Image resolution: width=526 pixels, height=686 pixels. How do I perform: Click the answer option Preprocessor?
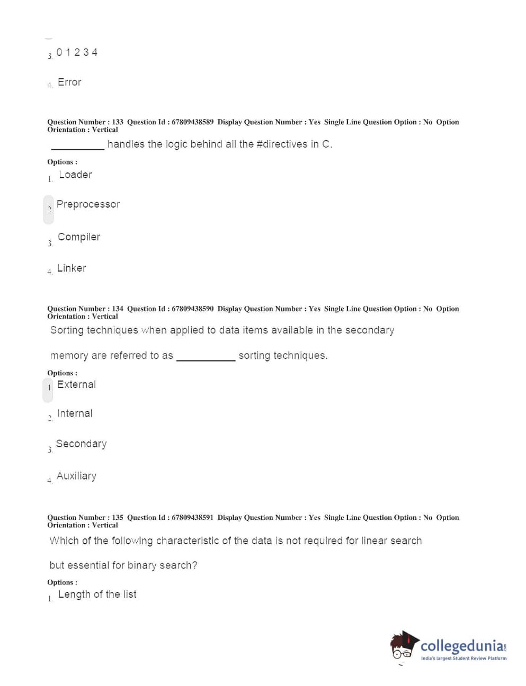[88, 204]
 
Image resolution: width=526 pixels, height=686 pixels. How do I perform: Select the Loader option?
[75, 175]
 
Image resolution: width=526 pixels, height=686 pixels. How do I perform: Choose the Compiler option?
[79, 237]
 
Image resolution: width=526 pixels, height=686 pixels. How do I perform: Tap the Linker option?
[72, 268]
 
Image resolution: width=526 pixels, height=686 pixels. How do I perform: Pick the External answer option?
[76, 385]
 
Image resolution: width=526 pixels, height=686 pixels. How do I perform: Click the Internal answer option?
[75, 413]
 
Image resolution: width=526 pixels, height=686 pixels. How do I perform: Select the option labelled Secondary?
[81, 444]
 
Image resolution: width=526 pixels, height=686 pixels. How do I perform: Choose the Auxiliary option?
[76, 476]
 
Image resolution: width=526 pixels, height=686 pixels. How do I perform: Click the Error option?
[69, 82]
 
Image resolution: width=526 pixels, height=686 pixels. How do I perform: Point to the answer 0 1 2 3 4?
[77, 52]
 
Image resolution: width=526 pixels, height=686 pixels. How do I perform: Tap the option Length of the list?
[97, 594]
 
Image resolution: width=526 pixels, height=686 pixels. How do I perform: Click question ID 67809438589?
[193, 122]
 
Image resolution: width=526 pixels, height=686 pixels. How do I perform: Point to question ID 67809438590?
[193, 309]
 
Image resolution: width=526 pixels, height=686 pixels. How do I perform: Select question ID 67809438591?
[193, 517]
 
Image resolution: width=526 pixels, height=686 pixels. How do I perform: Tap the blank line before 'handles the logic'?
[78, 148]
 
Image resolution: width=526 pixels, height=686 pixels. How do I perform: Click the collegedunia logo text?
[462, 646]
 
